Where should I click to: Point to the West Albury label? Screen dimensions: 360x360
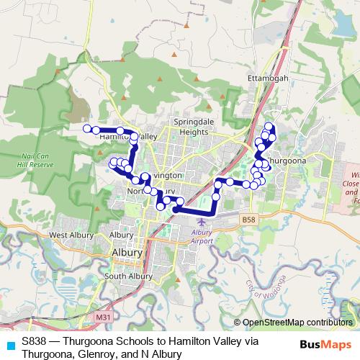[69, 235]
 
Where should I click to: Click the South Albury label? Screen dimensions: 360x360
[127, 276]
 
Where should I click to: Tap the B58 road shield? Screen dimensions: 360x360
[249, 219]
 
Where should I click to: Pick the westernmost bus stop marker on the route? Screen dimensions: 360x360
[87, 129]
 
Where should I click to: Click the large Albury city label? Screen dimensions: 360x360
[127, 253]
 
